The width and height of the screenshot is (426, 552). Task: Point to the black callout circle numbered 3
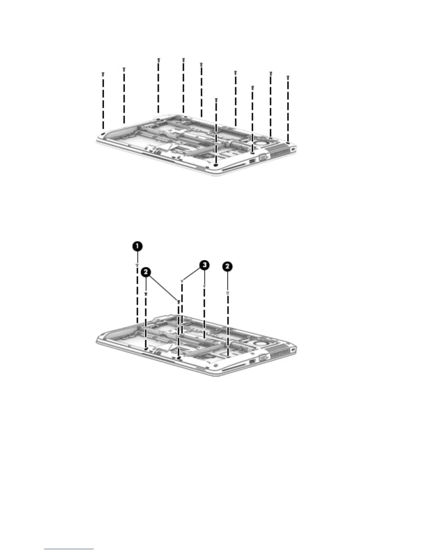click(204, 266)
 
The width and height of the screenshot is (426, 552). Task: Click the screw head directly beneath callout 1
click(137, 265)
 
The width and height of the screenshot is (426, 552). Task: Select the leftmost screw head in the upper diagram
click(103, 74)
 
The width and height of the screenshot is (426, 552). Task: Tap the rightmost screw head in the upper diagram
click(287, 77)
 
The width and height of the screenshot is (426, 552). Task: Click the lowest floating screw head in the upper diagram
click(216, 100)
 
